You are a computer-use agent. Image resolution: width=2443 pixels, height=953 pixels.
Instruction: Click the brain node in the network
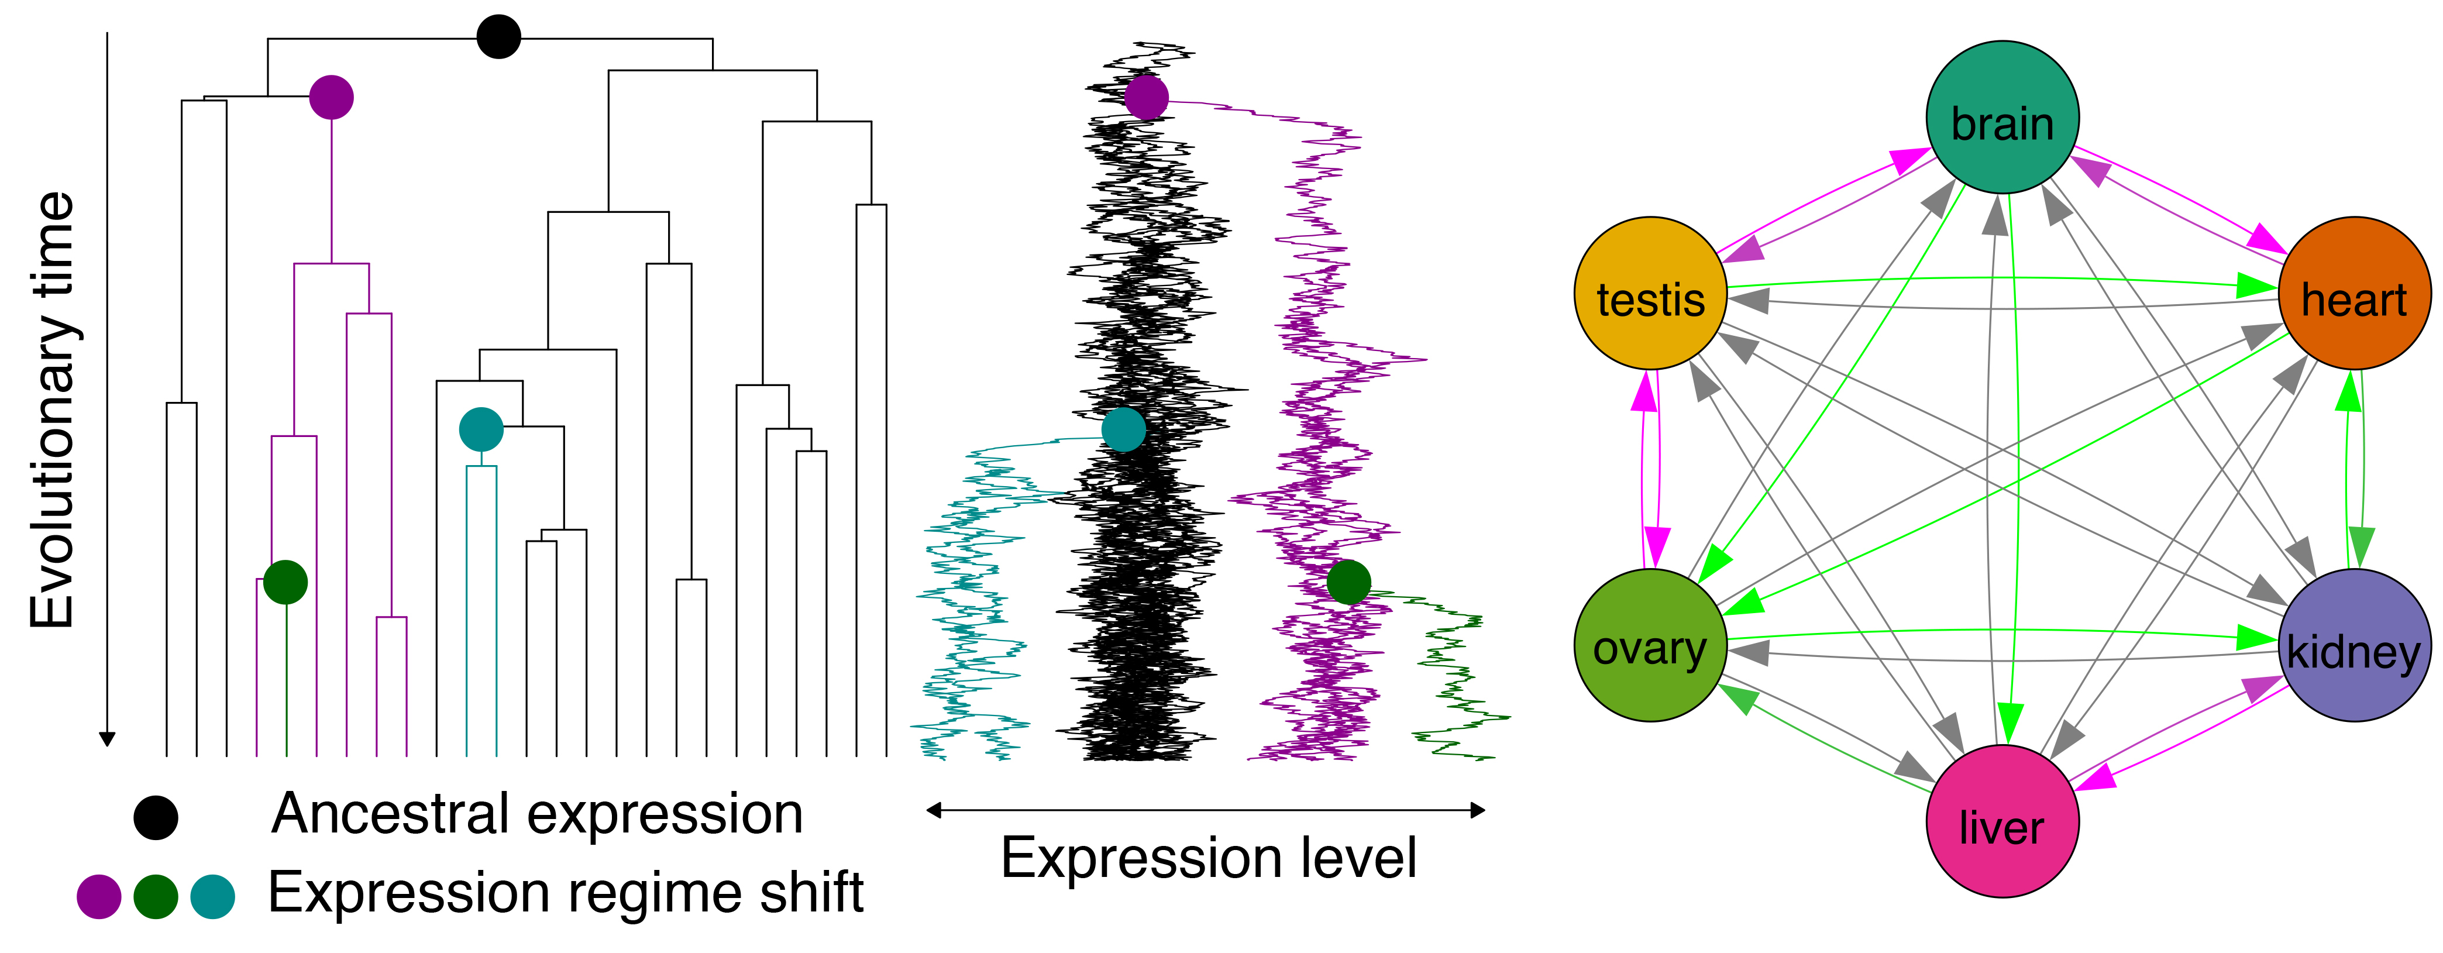pyautogui.click(x=2002, y=116)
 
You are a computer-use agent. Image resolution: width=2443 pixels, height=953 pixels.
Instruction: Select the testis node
pyautogui.click(x=1650, y=293)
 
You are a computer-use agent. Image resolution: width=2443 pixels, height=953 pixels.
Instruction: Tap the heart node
pyautogui.click(x=2354, y=293)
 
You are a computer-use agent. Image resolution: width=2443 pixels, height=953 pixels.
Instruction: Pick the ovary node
pyautogui.click(x=1650, y=645)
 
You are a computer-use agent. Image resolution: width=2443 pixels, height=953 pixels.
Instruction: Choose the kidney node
pyautogui.click(x=2354, y=645)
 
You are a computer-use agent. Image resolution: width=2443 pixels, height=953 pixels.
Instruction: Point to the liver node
pyautogui.click(x=2002, y=821)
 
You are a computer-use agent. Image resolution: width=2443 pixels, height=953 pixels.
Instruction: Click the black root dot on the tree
pyautogui.click(x=499, y=37)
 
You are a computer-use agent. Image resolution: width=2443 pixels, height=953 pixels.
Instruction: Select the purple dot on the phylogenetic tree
pyautogui.click(x=331, y=97)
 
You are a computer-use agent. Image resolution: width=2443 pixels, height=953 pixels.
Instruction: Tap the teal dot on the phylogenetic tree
pyautogui.click(x=481, y=429)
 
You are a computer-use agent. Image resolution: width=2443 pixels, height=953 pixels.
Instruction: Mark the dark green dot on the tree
pyautogui.click(x=285, y=582)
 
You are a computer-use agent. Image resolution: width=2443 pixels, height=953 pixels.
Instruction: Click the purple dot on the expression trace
pyautogui.click(x=1145, y=97)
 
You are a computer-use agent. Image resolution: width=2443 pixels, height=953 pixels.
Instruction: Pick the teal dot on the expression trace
pyautogui.click(x=1124, y=429)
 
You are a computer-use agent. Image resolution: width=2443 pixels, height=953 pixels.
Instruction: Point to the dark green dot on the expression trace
pyautogui.click(x=1348, y=582)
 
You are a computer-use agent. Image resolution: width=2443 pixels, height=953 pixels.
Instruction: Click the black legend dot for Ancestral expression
pyautogui.click(x=156, y=817)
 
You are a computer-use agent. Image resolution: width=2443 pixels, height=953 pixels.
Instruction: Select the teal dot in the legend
pyautogui.click(x=212, y=896)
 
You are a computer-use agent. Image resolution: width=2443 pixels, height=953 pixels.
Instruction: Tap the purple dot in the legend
pyautogui.click(x=99, y=896)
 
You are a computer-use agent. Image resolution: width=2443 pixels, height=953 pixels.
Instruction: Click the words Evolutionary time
pyautogui.click(x=52, y=410)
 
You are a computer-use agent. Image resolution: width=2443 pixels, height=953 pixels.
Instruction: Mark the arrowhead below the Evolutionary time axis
pyautogui.click(x=107, y=739)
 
